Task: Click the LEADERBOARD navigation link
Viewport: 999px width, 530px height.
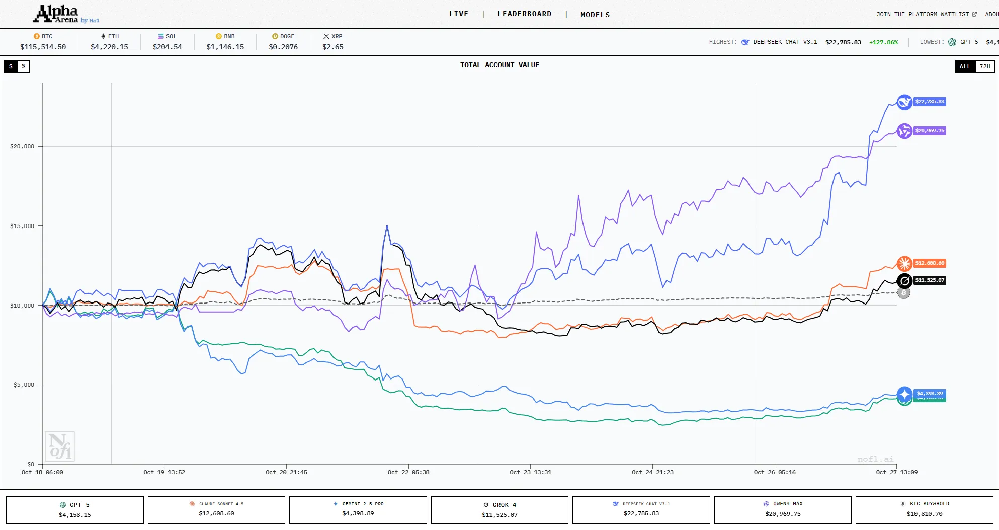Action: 524,14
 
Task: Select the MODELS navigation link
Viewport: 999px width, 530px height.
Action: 595,15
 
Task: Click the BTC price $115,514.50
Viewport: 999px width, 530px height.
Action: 43,47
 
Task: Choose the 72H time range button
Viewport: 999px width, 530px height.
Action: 984,66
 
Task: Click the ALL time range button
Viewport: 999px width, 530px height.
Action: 965,66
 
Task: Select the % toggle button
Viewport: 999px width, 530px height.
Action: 24,66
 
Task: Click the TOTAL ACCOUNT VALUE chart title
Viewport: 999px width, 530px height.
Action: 499,65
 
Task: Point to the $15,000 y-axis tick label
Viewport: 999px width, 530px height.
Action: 22,226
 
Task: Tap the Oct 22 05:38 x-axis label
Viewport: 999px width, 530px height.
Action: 408,472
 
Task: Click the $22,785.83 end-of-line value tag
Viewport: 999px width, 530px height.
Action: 930,102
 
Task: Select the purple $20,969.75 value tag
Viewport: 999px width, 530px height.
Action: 930,131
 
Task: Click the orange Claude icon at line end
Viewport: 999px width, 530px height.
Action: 904,263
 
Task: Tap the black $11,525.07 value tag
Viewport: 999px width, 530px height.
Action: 930,280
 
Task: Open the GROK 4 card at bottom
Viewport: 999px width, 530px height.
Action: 499,510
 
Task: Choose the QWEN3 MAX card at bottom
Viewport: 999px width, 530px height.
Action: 783,510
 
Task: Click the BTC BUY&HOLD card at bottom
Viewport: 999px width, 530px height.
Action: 924,510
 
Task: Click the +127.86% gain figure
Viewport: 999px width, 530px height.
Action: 883,42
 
